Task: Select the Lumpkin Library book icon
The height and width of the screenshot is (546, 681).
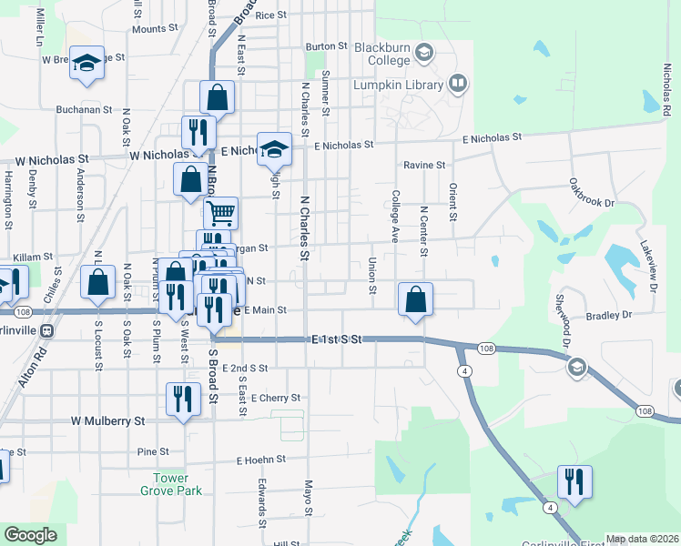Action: point(458,85)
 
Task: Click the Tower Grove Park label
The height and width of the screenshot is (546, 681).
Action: point(165,484)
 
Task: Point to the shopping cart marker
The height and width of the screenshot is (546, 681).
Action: point(220,214)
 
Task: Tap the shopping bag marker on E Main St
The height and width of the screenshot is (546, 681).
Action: point(415,298)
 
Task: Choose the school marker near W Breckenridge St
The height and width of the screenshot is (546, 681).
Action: point(86,62)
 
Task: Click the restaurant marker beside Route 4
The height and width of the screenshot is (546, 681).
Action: point(574,481)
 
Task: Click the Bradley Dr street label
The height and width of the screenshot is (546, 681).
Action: point(609,316)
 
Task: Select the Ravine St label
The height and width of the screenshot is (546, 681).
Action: point(425,166)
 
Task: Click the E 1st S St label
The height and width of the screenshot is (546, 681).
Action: point(337,339)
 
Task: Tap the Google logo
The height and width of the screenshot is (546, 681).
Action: point(31,535)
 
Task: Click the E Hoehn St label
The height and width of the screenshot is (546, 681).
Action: point(260,460)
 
